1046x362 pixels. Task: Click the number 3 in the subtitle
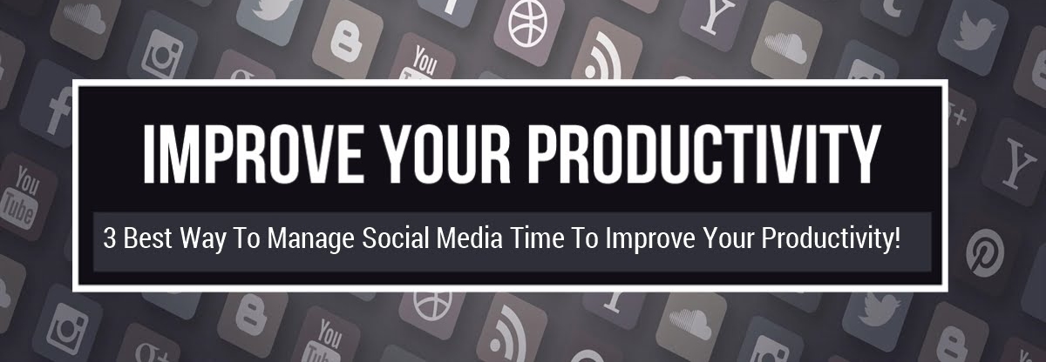(x=109, y=238)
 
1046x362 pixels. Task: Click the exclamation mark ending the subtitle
(x=896, y=238)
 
